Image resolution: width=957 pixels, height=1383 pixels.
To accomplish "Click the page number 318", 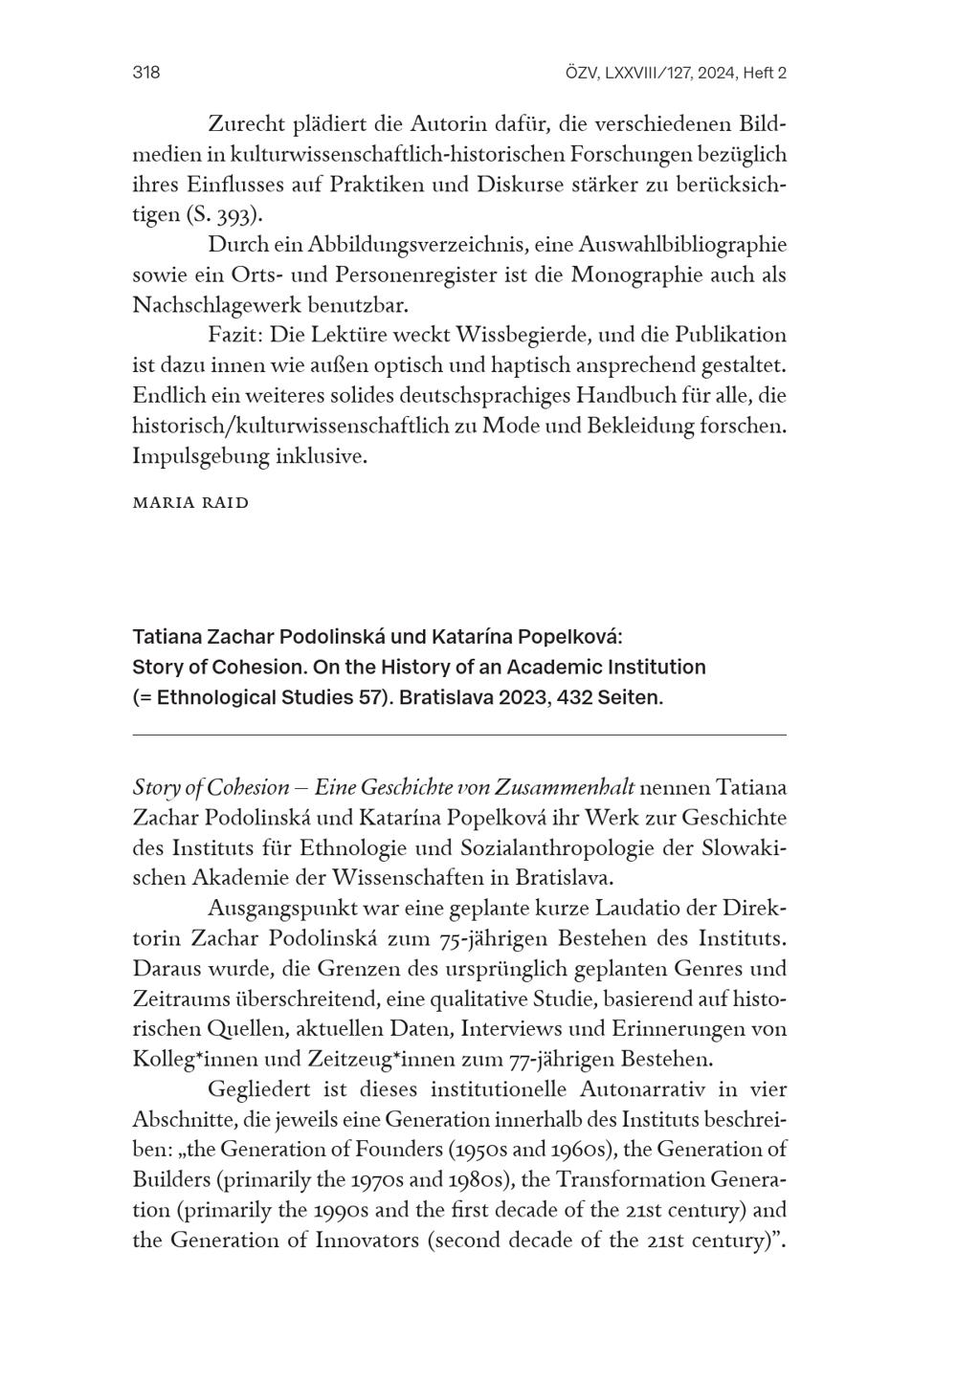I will pyautogui.click(x=145, y=73).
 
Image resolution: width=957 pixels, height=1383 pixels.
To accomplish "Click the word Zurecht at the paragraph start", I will pyautogui.click(x=249, y=123).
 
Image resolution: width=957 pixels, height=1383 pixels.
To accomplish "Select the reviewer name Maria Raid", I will pyautogui.click(x=190, y=503).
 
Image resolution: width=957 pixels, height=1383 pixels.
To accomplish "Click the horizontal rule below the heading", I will pyautogui.click(x=459, y=735).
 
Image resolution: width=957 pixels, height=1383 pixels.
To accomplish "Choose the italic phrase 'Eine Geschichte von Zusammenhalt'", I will pyautogui.click(x=475, y=788).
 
